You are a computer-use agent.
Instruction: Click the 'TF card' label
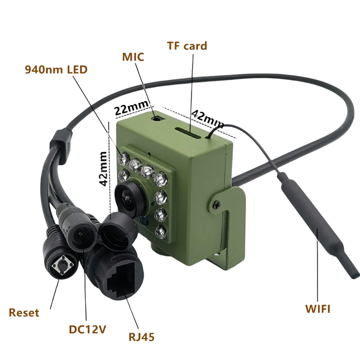coord(187,46)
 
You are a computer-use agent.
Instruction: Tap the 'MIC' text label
coord(133,57)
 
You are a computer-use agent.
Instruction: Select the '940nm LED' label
coord(56,70)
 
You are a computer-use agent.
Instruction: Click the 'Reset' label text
coord(24,313)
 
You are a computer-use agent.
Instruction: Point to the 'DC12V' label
coord(87,329)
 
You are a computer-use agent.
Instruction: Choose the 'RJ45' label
coord(141,337)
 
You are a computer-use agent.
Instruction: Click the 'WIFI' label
coord(318,309)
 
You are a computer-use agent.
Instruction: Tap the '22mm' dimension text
coord(131,108)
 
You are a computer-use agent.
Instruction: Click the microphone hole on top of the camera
coord(157,119)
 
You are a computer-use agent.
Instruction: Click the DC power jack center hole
coord(80,234)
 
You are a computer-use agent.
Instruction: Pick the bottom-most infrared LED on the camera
coord(161,232)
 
